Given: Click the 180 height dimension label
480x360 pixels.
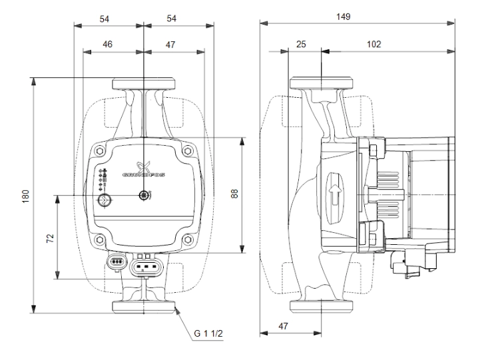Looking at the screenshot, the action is coord(26,196).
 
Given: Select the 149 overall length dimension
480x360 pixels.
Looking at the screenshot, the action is coord(343,17).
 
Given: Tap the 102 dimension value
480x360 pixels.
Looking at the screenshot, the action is coord(373,45).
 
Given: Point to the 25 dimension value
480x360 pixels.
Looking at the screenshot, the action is coord(301,45).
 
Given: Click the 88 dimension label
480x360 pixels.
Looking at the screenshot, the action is coord(234,194).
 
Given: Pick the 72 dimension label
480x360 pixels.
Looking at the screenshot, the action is coord(50,238).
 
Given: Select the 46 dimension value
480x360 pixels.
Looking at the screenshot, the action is coord(107,45).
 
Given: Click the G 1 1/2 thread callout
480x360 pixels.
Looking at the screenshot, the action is coord(208,333).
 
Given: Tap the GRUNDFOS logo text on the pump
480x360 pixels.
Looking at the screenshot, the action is coord(143,174).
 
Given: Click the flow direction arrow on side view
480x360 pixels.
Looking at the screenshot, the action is coord(335,194).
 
